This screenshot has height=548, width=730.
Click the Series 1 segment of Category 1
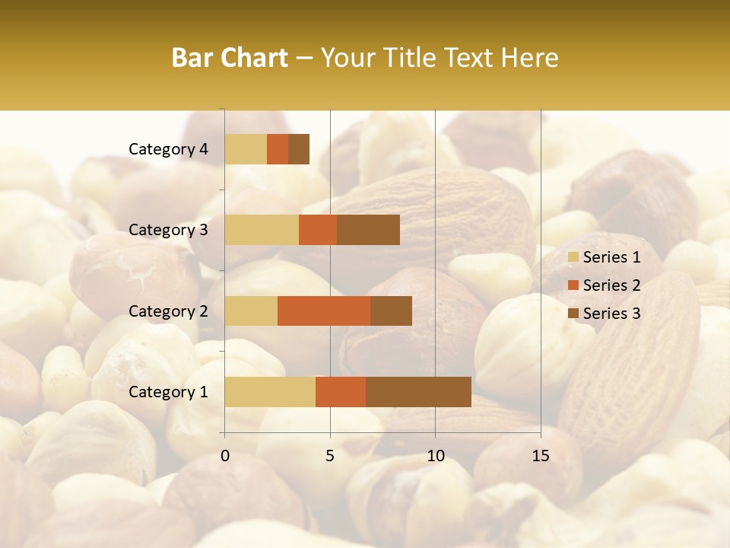[270, 392]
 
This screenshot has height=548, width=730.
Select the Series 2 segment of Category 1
[341, 392]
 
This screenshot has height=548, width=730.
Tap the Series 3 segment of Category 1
[418, 392]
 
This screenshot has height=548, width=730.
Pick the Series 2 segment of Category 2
[324, 311]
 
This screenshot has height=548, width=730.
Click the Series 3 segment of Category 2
[391, 311]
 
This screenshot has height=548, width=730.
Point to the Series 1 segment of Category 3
[262, 230]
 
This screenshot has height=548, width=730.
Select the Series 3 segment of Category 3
[368, 230]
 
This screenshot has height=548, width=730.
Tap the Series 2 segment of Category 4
[278, 149]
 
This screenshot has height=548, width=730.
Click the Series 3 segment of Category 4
[299, 149]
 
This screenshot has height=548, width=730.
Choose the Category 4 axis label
[168, 149]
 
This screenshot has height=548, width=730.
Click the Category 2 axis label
[168, 311]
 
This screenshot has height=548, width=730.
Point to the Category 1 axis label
[168, 392]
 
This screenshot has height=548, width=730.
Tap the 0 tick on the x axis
[225, 456]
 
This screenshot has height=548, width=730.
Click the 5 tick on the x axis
[330, 456]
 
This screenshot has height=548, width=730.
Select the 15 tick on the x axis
[541, 456]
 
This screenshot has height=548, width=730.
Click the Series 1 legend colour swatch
[573, 257]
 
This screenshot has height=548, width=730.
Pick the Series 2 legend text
[611, 285]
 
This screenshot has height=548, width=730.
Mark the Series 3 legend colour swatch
[573, 314]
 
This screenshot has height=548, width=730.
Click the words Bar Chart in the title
[230, 58]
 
